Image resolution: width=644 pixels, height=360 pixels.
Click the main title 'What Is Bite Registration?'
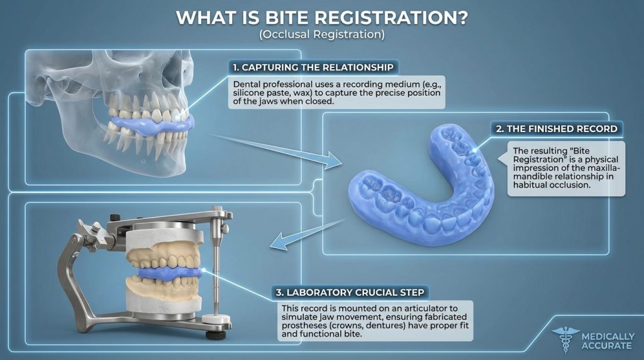(x=321, y=17)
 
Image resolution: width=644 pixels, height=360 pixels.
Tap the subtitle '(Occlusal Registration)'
(x=321, y=35)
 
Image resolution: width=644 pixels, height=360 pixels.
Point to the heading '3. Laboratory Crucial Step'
(x=352, y=292)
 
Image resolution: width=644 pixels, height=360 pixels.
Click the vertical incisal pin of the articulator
(x=216, y=264)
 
